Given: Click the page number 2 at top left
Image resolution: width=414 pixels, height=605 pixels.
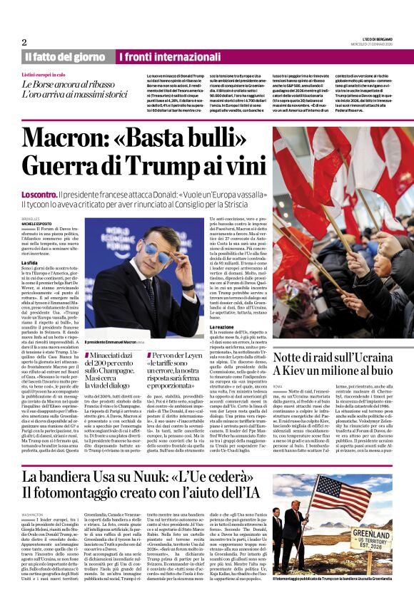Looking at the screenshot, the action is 24,42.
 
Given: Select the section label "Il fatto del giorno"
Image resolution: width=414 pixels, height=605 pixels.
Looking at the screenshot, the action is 65,57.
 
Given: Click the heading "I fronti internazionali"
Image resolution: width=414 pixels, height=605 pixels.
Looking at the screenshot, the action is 161,57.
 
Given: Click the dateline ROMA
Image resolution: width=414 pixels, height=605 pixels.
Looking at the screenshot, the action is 278,385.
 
